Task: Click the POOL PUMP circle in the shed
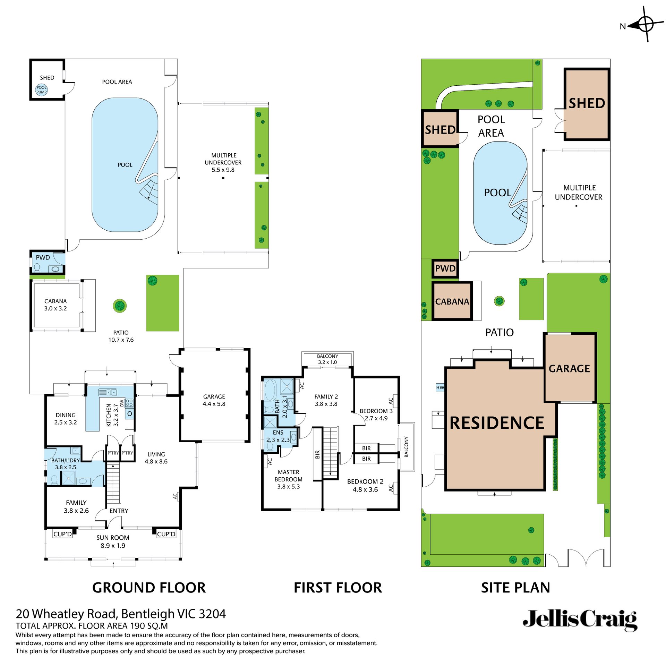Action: point(41,90)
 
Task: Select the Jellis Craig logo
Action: point(580,620)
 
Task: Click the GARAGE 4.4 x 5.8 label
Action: point(214,400)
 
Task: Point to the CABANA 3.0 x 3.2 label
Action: point(55,305)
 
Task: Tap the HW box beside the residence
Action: point(440,387)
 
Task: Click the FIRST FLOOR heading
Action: point(338,588)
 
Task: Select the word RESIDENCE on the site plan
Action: point(497,423)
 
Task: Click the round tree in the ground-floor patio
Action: point(120,306)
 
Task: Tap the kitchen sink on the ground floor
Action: point(108,392)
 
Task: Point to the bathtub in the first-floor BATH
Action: point(270,390)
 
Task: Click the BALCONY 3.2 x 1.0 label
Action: point(327,359)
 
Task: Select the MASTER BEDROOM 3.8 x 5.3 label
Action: point(288,479)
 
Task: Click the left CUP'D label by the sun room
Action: point(62,534)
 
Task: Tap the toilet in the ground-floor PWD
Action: point(37,268)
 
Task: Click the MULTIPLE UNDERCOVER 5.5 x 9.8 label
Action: point(223,162)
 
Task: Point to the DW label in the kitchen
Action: point(122,403)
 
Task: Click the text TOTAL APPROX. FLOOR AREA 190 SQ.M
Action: point(92,626)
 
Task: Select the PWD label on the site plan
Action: point(445,268)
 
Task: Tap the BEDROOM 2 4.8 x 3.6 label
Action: point(365,485)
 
